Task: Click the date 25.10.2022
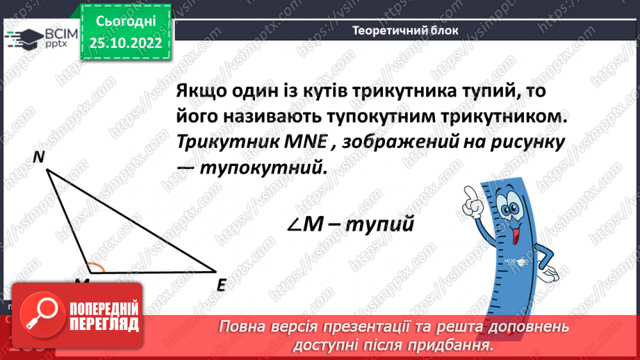[126, 42]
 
